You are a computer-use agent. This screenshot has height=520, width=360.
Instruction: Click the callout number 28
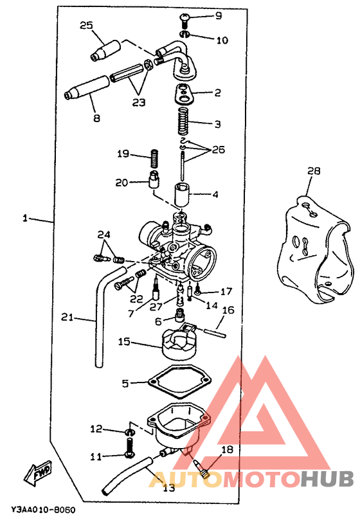[314, 171]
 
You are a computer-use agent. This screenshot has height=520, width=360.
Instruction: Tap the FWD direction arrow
[38, 473]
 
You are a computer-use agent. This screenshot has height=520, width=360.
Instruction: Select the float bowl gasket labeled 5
[179, 382]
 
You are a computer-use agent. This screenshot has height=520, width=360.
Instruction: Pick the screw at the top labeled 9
[184, 20]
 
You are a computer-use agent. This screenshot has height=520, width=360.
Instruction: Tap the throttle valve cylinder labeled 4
[182, 195]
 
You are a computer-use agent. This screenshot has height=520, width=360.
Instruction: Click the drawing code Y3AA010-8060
[43, 509]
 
